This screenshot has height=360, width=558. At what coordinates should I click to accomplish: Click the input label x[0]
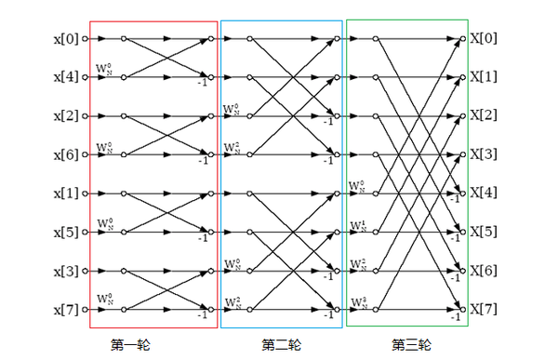(65, 39)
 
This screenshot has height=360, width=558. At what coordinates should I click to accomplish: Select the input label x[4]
(65, 78)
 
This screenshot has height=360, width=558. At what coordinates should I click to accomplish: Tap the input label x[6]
(65, 154)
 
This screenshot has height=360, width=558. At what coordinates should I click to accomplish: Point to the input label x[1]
(65, 193)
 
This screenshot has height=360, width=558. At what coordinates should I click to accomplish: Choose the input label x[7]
(65, 309)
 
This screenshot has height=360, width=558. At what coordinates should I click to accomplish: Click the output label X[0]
(485, 39)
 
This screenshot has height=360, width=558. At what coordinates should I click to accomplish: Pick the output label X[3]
(485, 154)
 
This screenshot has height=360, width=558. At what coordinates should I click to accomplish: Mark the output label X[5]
(485, 232)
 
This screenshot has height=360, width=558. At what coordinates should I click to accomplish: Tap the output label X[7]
(485, 309)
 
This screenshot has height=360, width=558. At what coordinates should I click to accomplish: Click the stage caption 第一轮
(131, 343)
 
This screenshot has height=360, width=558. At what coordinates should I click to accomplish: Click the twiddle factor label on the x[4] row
(104, 70)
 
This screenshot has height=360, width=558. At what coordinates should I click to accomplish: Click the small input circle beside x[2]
(84, 116)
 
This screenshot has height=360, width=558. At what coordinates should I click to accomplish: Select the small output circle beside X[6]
(462, 271)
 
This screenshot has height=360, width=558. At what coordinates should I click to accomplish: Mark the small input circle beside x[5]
(84, 232)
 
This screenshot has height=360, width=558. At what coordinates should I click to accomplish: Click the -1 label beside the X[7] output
(455, 317)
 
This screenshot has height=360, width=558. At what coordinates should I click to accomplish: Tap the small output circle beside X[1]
(462, 78)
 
